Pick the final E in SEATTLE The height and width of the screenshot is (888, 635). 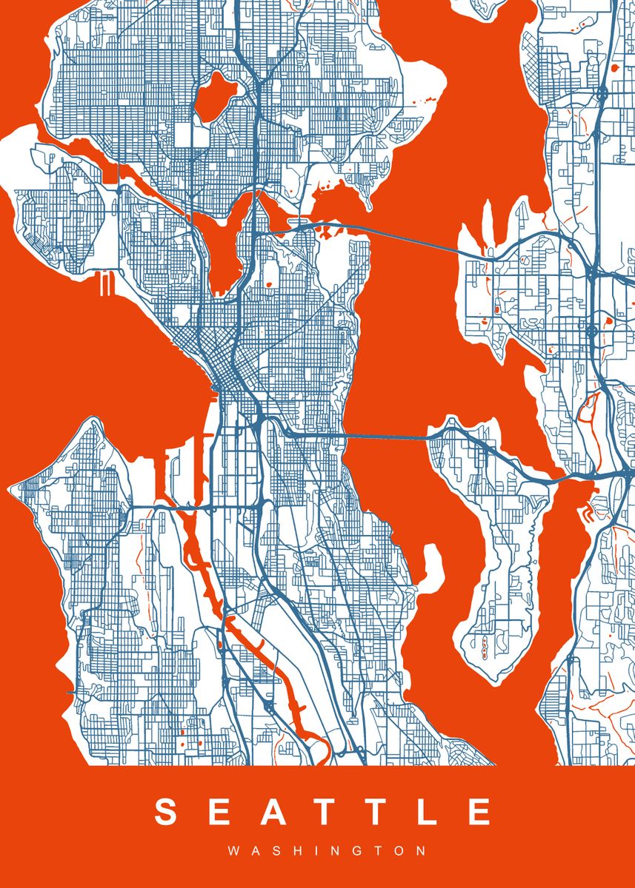pos(479,812)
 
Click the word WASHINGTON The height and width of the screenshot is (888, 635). pos(327,852)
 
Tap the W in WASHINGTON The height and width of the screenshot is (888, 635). pos(233,852)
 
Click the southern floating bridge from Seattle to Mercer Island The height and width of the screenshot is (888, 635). pos(385,437)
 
